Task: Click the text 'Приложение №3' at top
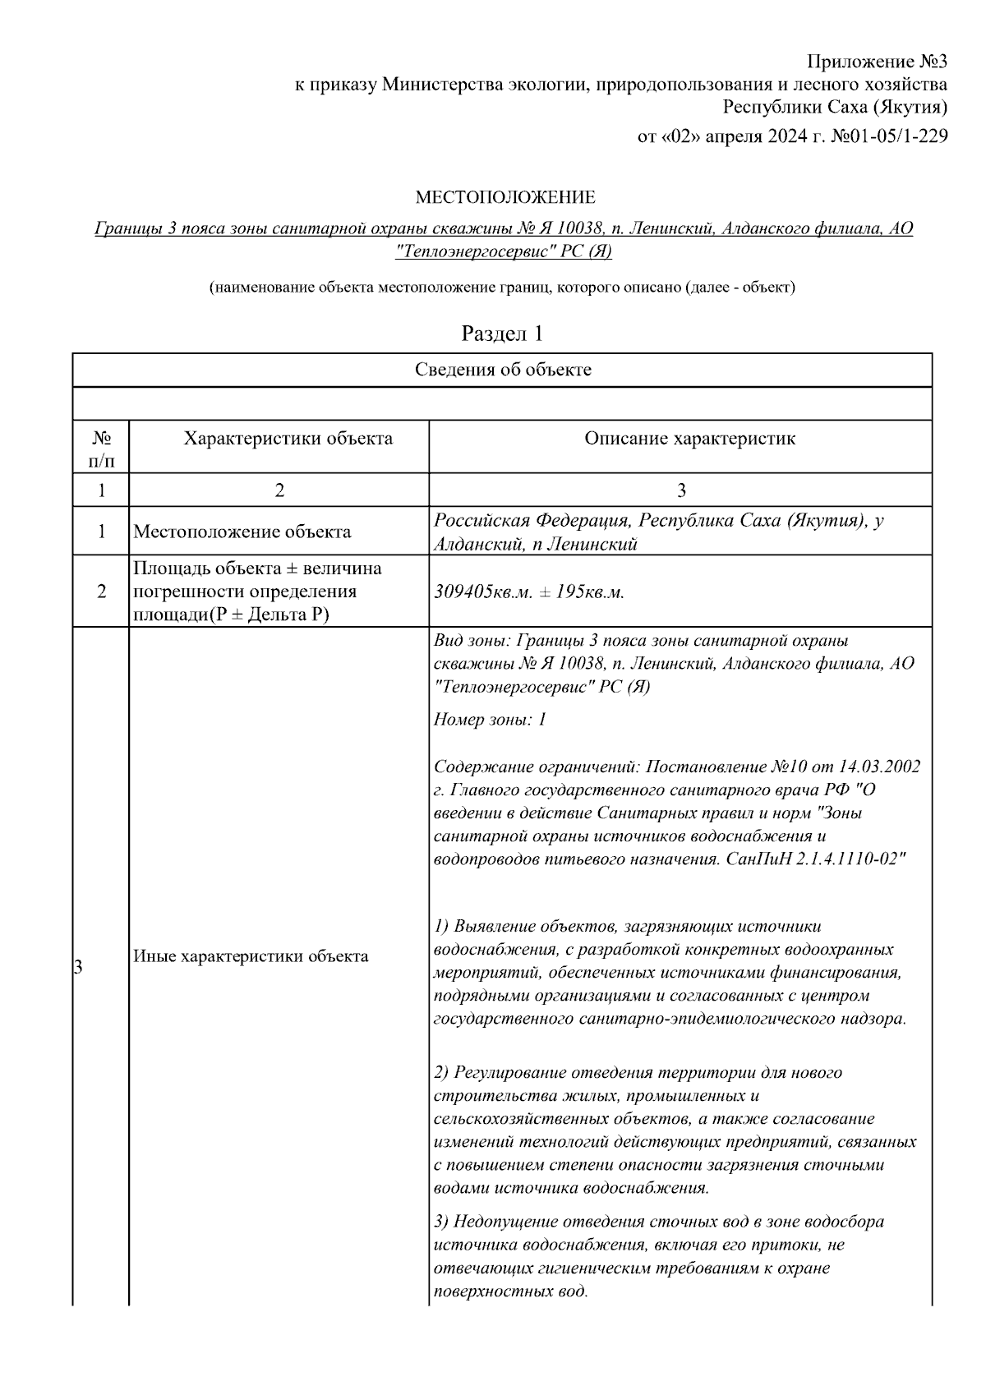(x=877, y=62)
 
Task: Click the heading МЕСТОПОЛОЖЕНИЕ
(x=505, y=197)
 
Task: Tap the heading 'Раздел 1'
(x=502, y=334)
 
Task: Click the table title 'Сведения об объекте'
(x=502, y=370)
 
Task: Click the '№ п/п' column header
(x=101, y=449)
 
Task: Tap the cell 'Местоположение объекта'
(x=242, y=532)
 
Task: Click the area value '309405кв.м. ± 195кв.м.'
(x=528, y=592)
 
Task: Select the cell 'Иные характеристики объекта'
(x=251, y=956)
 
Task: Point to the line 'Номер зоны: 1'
(x=490, y=721)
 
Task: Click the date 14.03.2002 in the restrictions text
(x=878, y=767)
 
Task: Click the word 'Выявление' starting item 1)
(x=495, y=927)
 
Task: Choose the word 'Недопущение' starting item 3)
(x=502, y=1222)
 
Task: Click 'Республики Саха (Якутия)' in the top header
(x=835, y=107)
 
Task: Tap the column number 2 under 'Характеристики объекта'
(x=279, y=490)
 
